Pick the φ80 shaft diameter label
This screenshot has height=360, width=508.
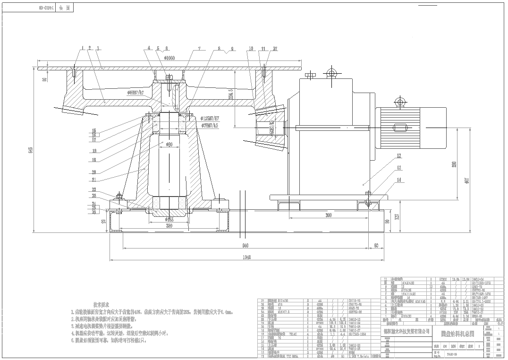coord(169,144)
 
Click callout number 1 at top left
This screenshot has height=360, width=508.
coord(81,48)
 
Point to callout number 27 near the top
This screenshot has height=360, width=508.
coord(275,48)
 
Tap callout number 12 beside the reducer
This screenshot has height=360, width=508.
coord(399,155)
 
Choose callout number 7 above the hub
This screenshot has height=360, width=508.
coord(199,48)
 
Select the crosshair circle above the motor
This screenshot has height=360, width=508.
coord(401,102)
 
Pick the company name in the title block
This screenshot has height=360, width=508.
coord(406,332)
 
